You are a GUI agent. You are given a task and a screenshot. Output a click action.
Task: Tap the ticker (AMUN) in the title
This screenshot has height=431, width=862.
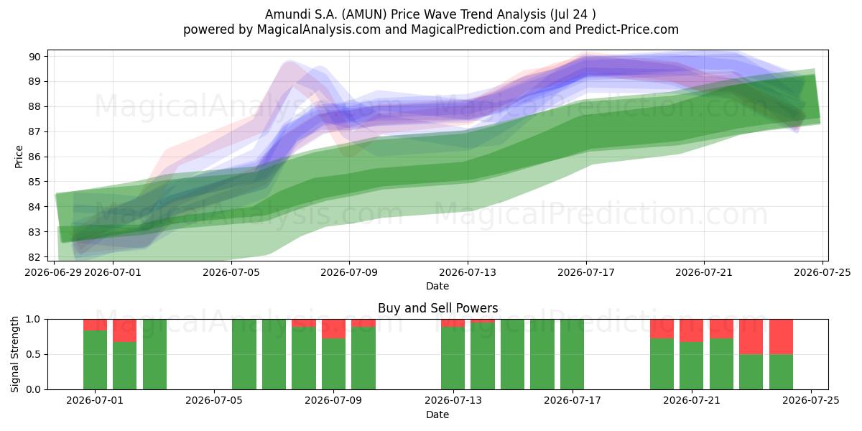point(364,14)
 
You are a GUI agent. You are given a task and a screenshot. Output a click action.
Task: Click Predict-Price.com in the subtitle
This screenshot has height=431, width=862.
point(627,29)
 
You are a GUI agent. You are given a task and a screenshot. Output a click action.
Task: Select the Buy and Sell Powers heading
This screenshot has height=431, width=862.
point(438,308)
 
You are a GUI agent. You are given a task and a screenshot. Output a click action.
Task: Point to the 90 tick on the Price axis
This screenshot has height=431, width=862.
point(34,57)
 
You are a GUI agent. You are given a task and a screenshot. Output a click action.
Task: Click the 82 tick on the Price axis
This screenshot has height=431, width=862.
point(34,257)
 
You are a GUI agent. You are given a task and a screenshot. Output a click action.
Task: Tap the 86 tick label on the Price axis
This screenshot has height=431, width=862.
point(34,157)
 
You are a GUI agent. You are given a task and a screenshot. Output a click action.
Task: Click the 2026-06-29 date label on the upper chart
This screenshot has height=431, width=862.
point(53,272)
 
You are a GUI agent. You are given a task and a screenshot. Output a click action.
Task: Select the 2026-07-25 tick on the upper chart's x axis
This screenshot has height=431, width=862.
point(822,272)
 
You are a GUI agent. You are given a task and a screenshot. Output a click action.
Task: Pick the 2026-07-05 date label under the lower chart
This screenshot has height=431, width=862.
point(214,401)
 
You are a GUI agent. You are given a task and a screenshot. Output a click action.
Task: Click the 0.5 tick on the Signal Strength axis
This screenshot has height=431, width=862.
point(33,354)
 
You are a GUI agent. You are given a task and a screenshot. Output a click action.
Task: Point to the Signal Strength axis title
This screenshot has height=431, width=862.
point(14,354)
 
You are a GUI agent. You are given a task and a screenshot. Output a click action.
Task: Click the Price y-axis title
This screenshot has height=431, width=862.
point(19,157)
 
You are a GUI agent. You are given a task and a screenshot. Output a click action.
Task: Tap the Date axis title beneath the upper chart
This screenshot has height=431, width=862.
point(437,286)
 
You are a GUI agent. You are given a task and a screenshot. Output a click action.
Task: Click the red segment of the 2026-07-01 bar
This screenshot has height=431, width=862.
point(95,325)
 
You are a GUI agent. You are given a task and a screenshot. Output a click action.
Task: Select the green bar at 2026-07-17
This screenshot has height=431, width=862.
point(572,354)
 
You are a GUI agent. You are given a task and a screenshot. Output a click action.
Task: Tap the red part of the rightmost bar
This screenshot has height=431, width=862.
point(782,337)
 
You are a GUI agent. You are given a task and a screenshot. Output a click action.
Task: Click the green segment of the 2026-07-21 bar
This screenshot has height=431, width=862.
point(691,366)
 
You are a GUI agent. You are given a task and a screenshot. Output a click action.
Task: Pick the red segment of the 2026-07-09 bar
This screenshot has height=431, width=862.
point(333,329)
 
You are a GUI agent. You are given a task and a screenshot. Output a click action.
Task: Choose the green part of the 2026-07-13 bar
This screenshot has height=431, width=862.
point(453,358)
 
